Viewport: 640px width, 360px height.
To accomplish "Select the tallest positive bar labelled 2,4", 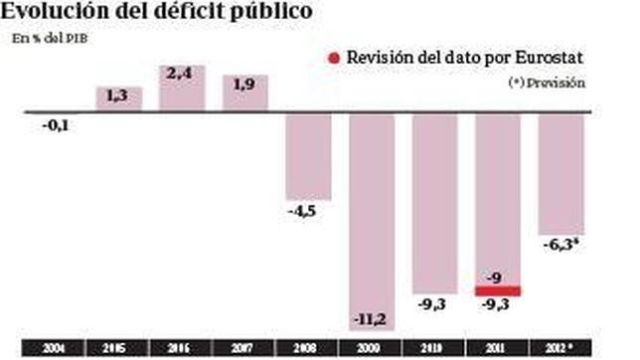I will coord(182,88).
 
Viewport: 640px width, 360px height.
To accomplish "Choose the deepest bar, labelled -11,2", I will coord(373,214).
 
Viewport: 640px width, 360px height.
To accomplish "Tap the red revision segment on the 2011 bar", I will coord(499,290).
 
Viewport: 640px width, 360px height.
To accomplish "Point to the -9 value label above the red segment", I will coord(499,276).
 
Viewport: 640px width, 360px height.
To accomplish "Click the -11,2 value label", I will coord(373,318).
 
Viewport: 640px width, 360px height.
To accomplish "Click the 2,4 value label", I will coord(182,73).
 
